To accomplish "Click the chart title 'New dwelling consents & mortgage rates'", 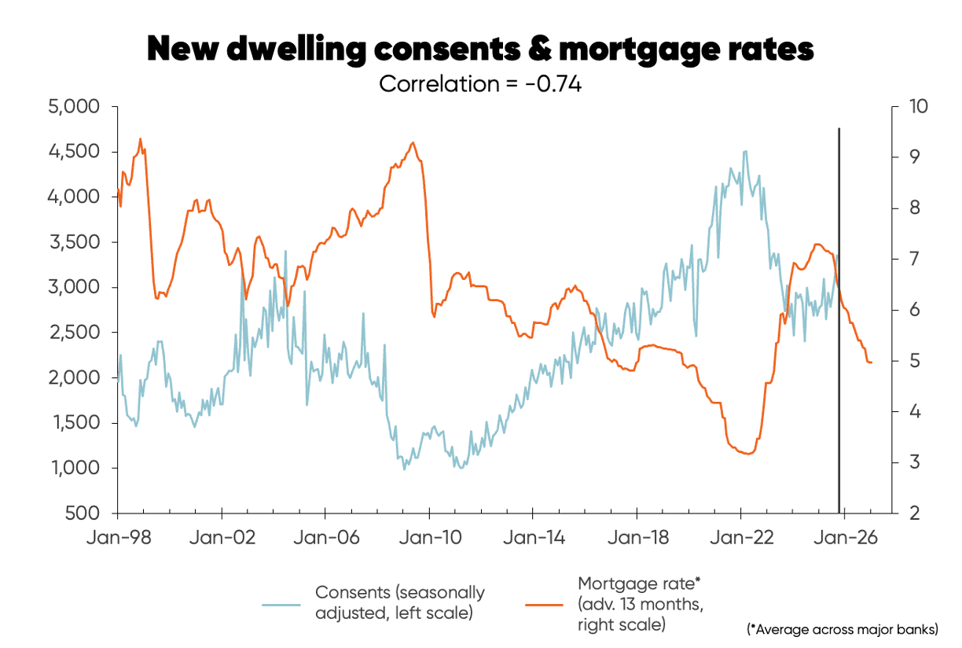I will point(480,50).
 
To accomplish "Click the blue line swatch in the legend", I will point(281,604).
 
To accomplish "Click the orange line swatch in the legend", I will point(544,604).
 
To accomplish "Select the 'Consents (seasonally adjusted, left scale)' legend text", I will point(399,602).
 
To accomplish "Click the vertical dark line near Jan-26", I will point(839,315).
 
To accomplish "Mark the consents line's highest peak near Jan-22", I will point(744,151).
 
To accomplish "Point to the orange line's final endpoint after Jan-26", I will point(871,363).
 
